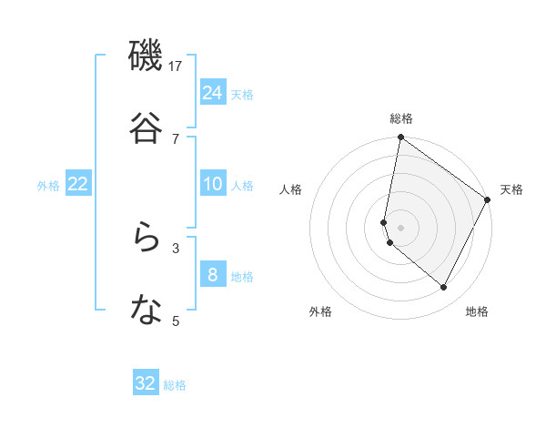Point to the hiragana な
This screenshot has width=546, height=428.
(146, 311)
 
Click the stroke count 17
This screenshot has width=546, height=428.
(176, 66)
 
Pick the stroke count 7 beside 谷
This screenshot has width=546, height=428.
(176, 138)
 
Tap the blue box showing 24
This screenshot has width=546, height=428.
(213, 92)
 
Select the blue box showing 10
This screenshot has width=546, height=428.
(213, 184)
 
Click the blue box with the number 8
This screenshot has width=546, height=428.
(213, 274)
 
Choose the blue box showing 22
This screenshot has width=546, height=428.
(78, 184)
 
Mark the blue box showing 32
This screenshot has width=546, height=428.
(146, 383)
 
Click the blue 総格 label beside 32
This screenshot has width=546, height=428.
(175, 385)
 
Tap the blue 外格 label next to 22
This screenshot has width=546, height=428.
(48, 186)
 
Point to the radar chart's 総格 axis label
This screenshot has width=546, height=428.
(401, 118)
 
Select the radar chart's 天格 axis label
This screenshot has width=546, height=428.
(511, 189)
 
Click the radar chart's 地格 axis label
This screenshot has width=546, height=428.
(477, 311)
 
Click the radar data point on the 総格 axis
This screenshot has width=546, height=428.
(400, 138)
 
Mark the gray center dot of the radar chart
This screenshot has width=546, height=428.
(400, 228)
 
